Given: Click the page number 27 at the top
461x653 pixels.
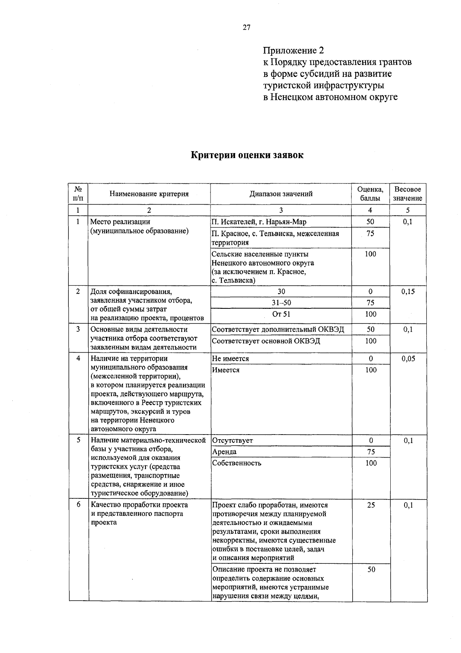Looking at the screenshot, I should pyautogui.click(x=246, y=27).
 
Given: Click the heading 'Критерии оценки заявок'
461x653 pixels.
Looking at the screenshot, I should pyautogui.click(x=247, y=155).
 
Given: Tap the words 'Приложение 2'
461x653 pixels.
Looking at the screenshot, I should pyautogui.click(x=294, y=50).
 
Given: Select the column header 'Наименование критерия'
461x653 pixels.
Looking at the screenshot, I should pyautogui.click(x=149, y=194).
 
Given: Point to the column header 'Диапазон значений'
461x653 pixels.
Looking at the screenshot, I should pyautogui.click(x=281, y=194).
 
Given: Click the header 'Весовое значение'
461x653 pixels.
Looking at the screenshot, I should pyautogui.click(x=408, y=194).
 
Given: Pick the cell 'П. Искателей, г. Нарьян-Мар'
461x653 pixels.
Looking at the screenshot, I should pyautogui.click(x=259, y=222).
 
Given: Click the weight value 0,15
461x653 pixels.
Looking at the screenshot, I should pyautogui.click(x=408, y=292).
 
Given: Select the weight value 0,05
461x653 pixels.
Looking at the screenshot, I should pyautogui.click(x=408, y=359).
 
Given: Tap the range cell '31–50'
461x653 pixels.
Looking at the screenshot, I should pyautogui.click(x=281, y=303).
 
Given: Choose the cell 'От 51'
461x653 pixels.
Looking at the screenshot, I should pyautogui.click(x=281, y=314).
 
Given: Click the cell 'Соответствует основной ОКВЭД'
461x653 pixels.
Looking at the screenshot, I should pyautogui.click(x=266, y=341).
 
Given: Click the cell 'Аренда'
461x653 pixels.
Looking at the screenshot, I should pyautogui.click(x=224, y=452).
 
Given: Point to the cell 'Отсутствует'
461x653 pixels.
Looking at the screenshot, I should pyautogui.click(x=232, y=441).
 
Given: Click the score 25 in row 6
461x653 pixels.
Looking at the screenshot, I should pyautogui.click(x=371, y=505).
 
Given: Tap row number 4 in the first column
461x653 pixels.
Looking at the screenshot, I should pyautogui.click(x=78, y=358).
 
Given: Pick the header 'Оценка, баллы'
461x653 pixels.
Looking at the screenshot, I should pyautogui.click(x=370, y=194).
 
